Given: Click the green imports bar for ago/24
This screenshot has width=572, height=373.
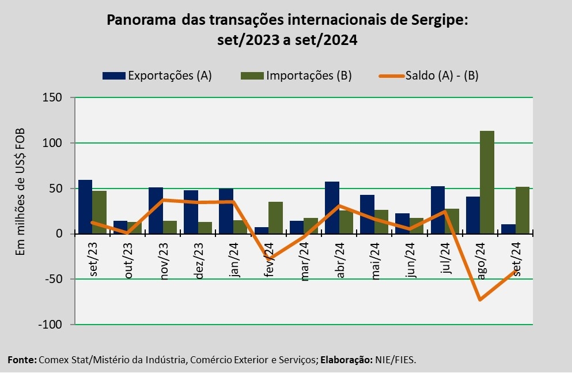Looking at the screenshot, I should pyautogui.click(x=487, y=182).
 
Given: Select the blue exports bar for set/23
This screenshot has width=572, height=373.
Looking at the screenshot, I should pyautogui.click(x=85, y=206).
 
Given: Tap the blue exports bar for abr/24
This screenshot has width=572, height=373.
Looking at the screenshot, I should pyautogui.click(x=332, y=208).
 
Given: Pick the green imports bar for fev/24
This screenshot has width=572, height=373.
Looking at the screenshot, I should pyautogui.click(x=275, y=217).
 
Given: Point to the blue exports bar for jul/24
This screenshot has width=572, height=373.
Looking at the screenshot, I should pyautogui.click(x=438, y=210).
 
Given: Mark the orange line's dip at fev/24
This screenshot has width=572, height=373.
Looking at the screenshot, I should pyautogui.click(x=268, y=258).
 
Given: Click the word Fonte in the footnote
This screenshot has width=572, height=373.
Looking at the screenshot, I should pyautogui.click(x=21, y=360).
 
